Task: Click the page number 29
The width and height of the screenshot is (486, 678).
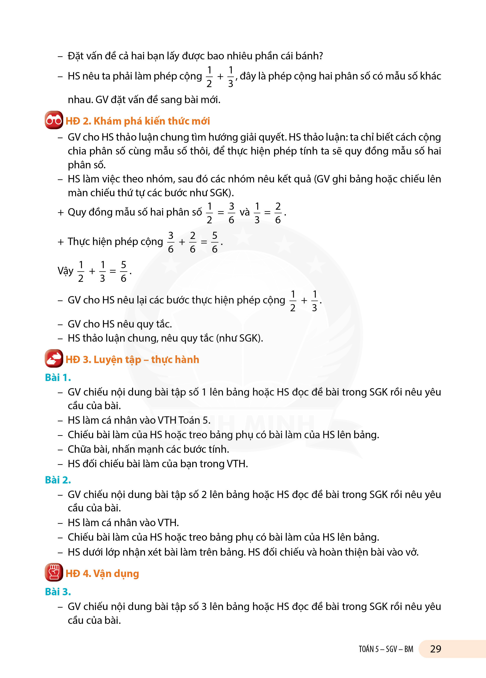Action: tap(436, 649)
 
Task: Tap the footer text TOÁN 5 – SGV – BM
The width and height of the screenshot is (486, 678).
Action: tap(386, 649)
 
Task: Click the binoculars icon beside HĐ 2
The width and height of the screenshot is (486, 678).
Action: tap(54, 120)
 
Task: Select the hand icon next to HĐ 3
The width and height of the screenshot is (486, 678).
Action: tap(54, 358)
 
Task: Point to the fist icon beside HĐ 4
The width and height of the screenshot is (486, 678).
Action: tap(54, 572)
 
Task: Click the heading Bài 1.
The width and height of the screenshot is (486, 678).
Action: tap(58, 378)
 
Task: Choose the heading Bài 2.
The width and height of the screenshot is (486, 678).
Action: tap(58, 480)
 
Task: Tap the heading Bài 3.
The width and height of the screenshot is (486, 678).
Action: tap(58, 592)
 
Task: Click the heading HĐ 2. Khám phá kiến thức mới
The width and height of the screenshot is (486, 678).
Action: tap(138, 121)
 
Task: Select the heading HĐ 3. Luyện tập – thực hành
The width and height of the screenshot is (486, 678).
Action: tap(132, 359)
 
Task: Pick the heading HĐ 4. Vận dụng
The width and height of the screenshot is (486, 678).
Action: tap(102, 573)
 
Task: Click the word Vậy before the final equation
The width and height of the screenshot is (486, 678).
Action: tap(65, 271)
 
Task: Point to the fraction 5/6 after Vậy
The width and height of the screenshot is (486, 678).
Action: tap(123, 271)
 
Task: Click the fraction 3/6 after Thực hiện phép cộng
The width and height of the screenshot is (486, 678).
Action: tap(171, 242)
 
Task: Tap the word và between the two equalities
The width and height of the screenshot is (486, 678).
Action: tap(245, 212)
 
